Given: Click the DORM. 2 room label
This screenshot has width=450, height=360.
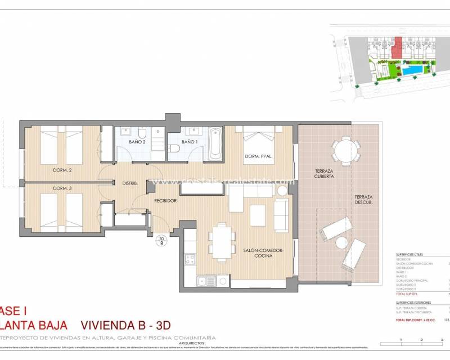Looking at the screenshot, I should [62, 170].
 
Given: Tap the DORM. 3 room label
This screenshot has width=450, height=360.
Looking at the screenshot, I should [62, 188].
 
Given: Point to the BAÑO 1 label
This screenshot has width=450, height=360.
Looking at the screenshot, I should [189, 142].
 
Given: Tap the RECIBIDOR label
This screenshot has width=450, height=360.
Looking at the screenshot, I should [166, 200].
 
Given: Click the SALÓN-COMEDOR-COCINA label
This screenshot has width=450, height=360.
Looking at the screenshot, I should [263, 253].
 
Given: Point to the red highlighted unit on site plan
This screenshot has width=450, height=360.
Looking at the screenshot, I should [398, 48].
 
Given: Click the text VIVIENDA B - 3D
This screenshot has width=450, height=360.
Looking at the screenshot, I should [125, 325].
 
